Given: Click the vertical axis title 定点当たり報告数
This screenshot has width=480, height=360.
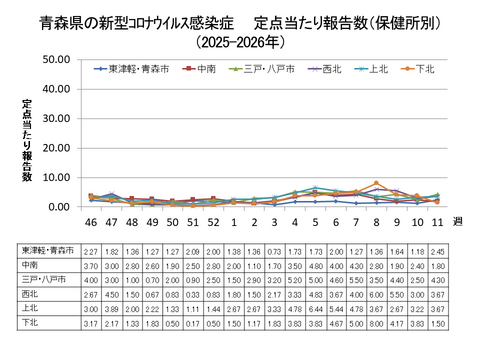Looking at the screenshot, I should point(27,140).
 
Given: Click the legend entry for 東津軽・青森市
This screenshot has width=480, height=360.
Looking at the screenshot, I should point(135,69).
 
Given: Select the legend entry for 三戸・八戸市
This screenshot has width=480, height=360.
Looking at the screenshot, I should point(268,69).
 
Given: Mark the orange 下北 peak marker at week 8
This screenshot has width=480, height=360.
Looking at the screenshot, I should point(376,184).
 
